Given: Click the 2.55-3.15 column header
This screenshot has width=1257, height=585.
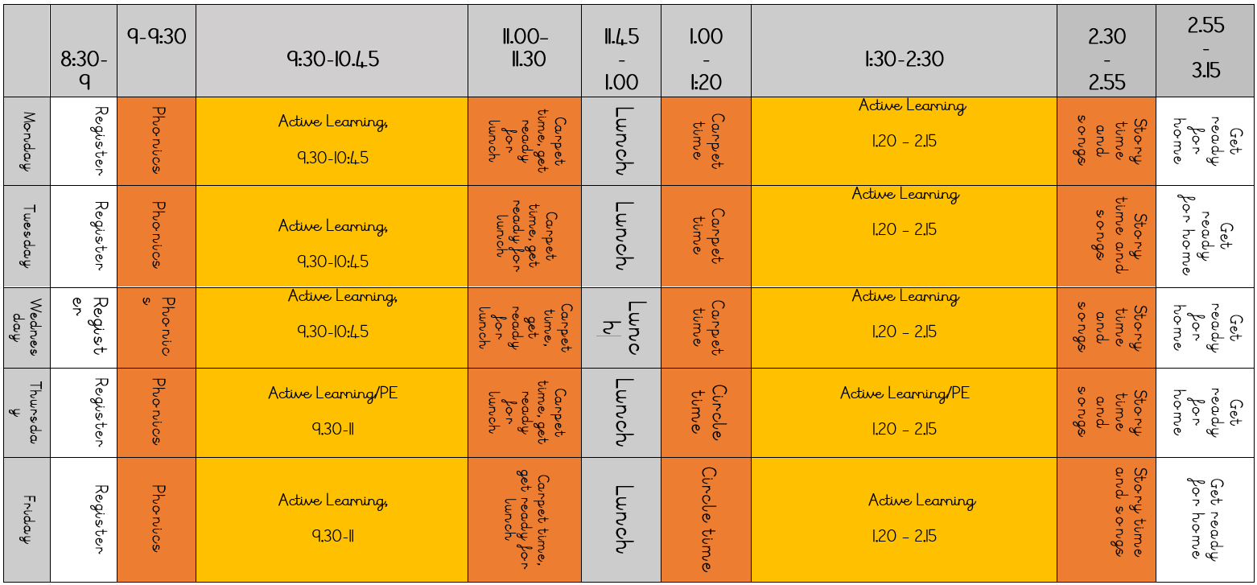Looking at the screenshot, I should [x=1205, y=49].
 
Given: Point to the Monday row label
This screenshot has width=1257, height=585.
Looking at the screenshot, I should [x=26, y=142].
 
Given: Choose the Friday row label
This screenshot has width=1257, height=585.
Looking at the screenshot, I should [x=26, y=520].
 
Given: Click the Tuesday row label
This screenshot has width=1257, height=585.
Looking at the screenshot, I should [x=26, y=237].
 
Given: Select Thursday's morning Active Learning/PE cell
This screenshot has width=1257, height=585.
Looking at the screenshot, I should [x=332, y=413].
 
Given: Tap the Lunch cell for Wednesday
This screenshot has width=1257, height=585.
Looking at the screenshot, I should [x=620, y=328].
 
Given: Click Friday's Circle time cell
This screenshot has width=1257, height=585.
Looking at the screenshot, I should [x=706, y=520].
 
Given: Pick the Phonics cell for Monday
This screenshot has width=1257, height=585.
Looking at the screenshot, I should [x=156, y=142].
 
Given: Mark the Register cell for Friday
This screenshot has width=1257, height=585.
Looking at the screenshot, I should [x=84, y=520].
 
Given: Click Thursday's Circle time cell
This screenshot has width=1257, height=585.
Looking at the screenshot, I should [x=706, y=413].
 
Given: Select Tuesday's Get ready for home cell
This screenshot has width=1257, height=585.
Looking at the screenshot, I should [x=1205, y=237].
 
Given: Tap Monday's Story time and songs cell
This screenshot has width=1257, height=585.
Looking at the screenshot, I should [x=1107, y=142].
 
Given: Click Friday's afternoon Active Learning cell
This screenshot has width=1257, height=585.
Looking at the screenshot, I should [x=904, y=520].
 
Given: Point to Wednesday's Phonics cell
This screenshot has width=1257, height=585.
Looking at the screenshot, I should [x=156, y=328].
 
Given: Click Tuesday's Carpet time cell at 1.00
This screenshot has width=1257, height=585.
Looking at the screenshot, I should [x=706, y=237].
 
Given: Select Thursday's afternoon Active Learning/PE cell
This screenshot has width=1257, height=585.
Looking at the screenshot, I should [x=904, y=413].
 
